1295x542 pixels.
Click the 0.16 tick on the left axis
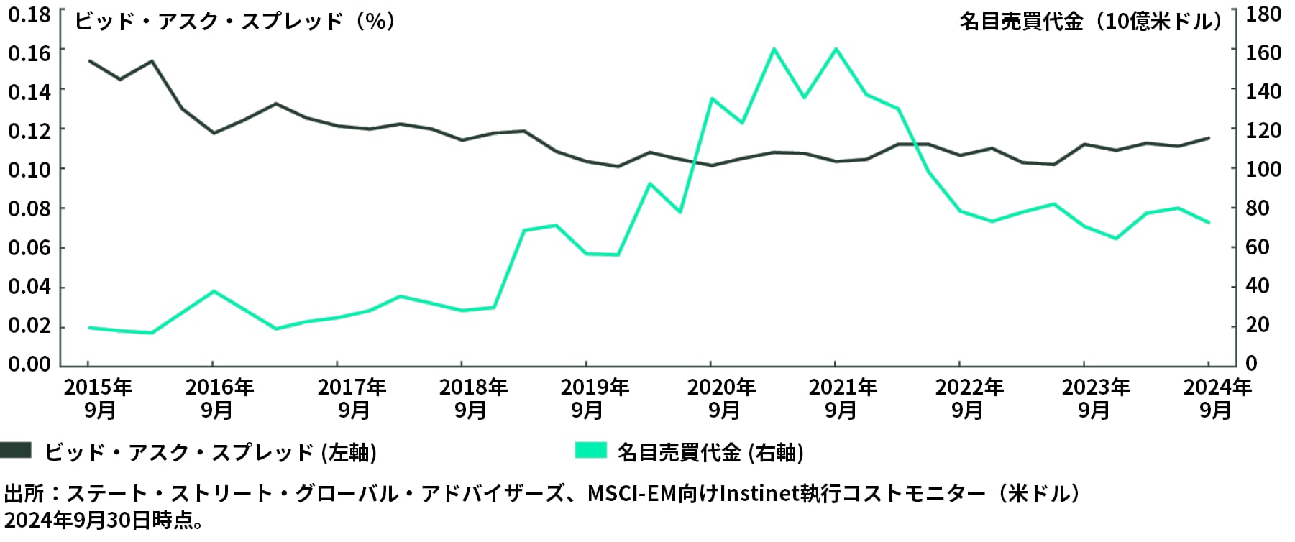pyautogui.click(x=29, y=52)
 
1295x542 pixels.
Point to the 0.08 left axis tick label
pyautogui.click(x=29, y=208)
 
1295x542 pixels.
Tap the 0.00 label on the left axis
pyautogui.click(x=29, y=364)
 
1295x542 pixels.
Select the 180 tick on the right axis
pyautogui.click(x=1263, y=14)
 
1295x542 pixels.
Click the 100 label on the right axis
pyautogui.click(x=1263, y=169)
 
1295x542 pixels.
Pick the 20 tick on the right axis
pyautogui.click(x=1258, y=325)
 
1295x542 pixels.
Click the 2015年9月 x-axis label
pyautogui.click(x=99, y=399)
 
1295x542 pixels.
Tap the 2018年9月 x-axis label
pyautogui.click(x=472, y=399)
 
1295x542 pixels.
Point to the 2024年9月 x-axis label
pyautogui.click(x=1217, y=399)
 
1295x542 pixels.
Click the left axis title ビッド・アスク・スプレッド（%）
pyautogui.click(x=235, y=21)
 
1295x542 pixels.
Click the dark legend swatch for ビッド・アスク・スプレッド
pyautogui.click(x=16, y=451)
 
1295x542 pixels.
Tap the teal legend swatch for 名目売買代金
pyautogui.click(x=590, y=451)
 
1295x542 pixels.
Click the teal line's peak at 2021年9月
pyautogui.click(x=835, y=49)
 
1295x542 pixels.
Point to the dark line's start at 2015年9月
pyautogui.click(x=89, y=61)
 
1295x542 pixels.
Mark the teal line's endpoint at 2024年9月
pyautogui.click(x=1209, y=222)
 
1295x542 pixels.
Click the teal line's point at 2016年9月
pyautogui.click(x=213, y=291)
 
